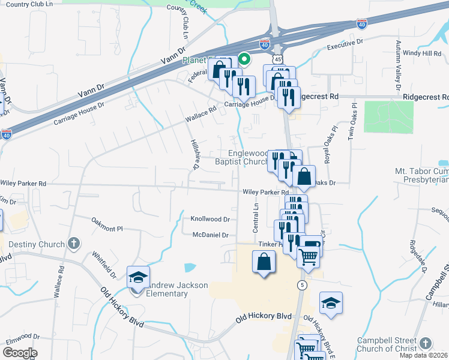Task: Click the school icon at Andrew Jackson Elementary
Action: pyautogui.click(x=138, y=278)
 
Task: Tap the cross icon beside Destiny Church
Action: pyautogui.click(x=73, y=244)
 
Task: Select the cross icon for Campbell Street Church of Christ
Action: pyautogui.click(x=425, y=343)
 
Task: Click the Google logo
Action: pyautogui.click(x=20, y=353)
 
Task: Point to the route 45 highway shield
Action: pyautogui.click(x=277, y=60)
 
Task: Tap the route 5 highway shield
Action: pyautogui.click(x=302, y=284)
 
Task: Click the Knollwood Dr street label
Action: pyautogui.click(x=210, y=220)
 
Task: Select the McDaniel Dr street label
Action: pyautogui.click(x=210, y=235)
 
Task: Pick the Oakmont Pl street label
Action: pyautogui.click(x=107, y=229)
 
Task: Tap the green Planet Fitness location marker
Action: pyautogui.click(x=244, y=59)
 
